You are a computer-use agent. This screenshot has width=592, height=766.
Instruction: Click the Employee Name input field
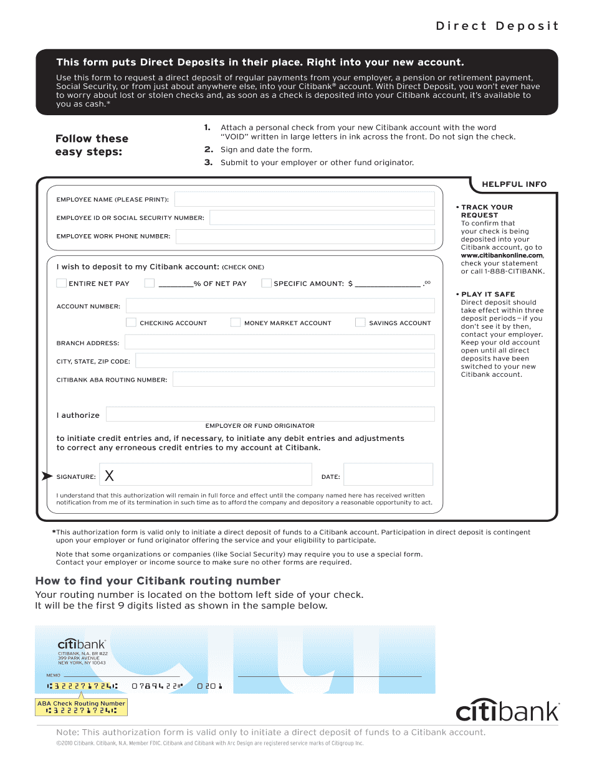304,199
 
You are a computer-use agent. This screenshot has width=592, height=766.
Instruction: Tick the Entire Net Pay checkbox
61,283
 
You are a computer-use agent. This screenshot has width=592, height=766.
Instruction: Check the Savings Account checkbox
360,323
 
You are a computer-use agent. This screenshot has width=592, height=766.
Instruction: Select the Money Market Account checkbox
236,323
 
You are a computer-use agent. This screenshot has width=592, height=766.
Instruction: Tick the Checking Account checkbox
131,323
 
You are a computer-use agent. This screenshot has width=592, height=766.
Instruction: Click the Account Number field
280,306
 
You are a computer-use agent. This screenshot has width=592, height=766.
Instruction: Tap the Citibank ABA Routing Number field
303,379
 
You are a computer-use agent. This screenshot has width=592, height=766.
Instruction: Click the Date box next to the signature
388,475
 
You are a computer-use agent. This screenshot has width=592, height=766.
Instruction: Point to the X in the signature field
109,476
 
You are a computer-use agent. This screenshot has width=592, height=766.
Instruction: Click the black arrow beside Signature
47,476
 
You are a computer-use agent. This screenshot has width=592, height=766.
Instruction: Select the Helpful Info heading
514,184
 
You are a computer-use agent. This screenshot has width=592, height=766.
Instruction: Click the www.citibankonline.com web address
502,255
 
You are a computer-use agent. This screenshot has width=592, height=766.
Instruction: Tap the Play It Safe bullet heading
488,294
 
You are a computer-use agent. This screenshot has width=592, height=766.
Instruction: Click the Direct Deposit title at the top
497,26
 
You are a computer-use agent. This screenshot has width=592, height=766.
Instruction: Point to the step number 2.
209,149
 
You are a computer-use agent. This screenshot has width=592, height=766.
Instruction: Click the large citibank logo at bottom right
507,711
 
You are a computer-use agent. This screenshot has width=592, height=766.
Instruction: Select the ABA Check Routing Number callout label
81,703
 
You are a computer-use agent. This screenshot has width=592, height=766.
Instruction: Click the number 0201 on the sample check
210,686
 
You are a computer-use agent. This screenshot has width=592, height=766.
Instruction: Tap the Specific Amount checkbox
266,283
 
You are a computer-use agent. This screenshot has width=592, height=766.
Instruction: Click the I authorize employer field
270,414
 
